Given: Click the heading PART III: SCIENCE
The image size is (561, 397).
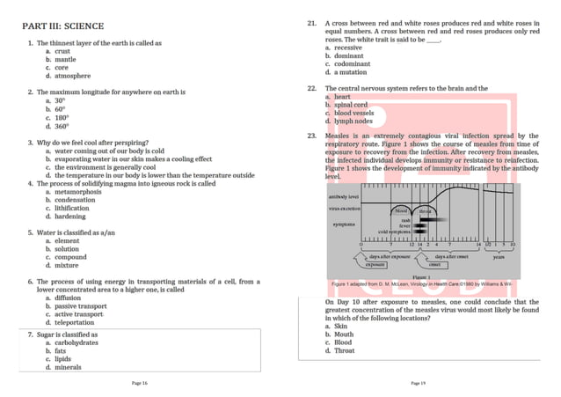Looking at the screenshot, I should (67, 26).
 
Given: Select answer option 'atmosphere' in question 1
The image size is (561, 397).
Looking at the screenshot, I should (74, 76).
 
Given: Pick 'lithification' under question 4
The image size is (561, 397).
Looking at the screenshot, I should (72, 209).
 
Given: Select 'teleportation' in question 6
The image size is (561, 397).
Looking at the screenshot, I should (75, 322).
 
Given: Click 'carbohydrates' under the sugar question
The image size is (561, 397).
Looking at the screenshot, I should (76, 342).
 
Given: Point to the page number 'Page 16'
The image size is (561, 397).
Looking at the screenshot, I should (139, 383).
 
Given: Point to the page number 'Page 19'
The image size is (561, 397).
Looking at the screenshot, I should (418, 383).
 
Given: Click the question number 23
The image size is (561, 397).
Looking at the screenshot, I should (312, 136).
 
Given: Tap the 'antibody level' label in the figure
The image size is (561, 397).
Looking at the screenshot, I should (343, 197).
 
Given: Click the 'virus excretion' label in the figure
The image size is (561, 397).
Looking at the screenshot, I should (345, 209).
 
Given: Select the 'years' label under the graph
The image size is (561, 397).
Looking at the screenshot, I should (498, 258).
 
